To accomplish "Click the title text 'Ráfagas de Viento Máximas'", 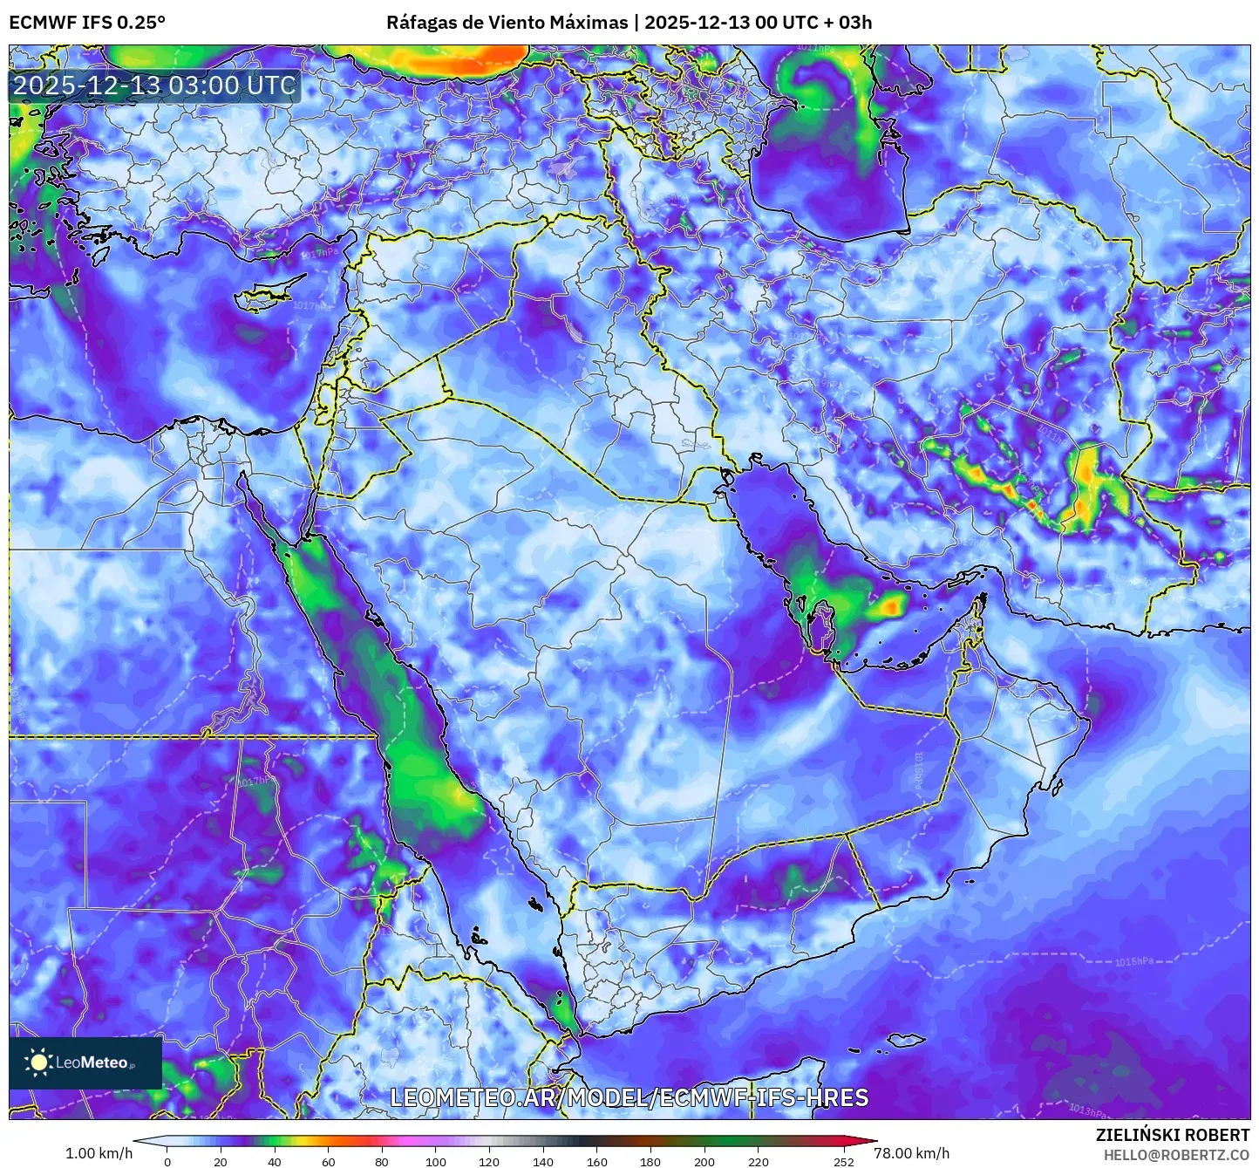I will (x=507, y=23).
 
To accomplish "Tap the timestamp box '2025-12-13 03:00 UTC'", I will (x=154, y=85).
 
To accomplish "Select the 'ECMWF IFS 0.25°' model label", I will (x=87, y=23).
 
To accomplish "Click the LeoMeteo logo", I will (x=85, y=1062).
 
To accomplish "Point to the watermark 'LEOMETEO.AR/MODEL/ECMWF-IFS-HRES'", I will (x=629, y=1097).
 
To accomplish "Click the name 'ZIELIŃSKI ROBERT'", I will (x=1172, y=1135).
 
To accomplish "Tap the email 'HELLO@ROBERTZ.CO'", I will (x=1176, y=1155).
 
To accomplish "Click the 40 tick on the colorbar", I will (x=275, y=1161).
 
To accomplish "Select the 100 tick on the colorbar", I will (x=436, y=1161).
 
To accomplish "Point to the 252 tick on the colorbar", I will (x=843, y=1161).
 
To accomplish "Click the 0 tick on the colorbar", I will (x=167, y=1161).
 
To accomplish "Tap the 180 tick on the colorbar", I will (x=650, y=1161).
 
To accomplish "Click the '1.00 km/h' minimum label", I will (x=99, y=1153).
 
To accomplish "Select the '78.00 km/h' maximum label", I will (x=912, y=1153).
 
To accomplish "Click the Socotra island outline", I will (x=907, y=1040).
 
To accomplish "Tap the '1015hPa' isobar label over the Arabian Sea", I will (x=1133, y=962).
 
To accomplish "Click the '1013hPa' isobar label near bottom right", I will (x=1087, y=1110).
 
